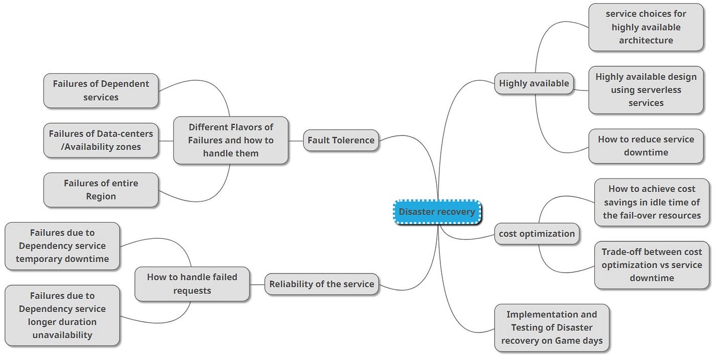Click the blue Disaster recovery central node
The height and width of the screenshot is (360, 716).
pos(437,212)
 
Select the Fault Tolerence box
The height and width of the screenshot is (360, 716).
pos(341,140)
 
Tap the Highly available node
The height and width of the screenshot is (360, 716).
pos(533,83)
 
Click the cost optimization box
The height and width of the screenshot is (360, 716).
pos(536,234)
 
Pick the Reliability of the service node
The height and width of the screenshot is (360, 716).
pos(321,284)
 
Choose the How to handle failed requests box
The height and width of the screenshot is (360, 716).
pos(192,284)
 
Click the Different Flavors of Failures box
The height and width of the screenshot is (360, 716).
pos(230,140)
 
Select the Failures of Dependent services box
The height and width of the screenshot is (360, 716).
pos(101,91)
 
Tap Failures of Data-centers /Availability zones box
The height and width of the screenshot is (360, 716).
pos(101,140)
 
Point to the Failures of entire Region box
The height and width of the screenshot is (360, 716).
pos(101,190)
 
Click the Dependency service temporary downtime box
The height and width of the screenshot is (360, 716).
pos(62,246)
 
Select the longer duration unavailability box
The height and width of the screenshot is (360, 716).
pos(62,316)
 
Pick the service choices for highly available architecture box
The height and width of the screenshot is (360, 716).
pos(645,27)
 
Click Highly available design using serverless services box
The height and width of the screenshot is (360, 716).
pos(645,90)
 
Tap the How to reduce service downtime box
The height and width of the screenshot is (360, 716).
pos(645,146)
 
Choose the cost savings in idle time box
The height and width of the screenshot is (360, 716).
pos(652,202)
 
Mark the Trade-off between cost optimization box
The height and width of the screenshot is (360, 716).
pos(652,265)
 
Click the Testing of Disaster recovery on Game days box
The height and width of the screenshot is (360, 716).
pos(551,328)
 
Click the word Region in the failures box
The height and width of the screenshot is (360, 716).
pos(101,196)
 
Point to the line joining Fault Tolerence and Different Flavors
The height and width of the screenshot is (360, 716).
pos(296,140)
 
